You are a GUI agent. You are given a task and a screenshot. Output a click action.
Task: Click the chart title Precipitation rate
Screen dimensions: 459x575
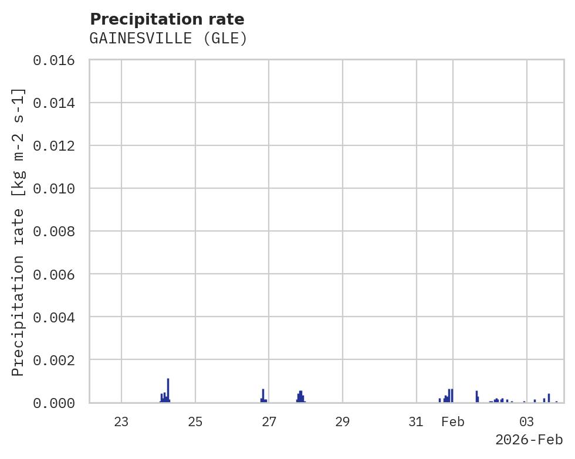click(x=167, y=19)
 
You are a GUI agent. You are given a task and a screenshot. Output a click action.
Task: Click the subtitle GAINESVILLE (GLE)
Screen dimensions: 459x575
click(x=168, y=39)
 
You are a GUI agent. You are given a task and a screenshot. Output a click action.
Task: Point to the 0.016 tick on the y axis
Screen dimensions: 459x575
click(x=58, y=60)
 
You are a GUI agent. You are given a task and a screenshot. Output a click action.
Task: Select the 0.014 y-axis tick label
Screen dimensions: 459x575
click(x=58, y=103)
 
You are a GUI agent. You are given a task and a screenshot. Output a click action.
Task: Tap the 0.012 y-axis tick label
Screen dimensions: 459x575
click(x=58, y=146)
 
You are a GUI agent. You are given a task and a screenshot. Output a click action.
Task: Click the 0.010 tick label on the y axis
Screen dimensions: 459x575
click(x=58, y=189)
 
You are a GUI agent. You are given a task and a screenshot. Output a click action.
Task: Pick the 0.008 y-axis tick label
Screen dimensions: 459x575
click(x=58, y=232)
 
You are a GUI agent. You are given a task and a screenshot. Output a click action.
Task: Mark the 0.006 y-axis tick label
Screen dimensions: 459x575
click(x=58, y=274)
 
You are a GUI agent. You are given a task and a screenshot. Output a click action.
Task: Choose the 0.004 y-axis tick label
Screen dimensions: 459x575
click(x=58, y=317)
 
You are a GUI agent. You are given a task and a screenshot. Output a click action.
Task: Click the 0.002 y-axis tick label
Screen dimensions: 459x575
click(x=58, y=360)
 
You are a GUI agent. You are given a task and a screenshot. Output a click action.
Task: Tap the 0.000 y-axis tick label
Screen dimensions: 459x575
click(x=58, y=403)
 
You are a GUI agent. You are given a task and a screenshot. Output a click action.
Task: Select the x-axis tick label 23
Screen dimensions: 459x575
click(x=121, y=421)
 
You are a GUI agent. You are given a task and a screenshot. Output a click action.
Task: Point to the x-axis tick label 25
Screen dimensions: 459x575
click(x=195, y=421)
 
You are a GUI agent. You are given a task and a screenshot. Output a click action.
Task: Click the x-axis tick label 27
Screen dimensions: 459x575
click(x=269, y=421)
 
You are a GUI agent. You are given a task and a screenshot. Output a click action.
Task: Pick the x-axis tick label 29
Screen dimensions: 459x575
click(x=343, y=421)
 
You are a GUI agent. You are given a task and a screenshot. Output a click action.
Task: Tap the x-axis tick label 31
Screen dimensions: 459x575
click(x=416, y=421)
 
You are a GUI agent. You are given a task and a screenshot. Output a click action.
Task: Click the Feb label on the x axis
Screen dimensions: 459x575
click(x=453, y=421)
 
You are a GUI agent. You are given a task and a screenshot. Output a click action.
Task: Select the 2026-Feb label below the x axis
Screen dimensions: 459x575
click(x=529, y=440)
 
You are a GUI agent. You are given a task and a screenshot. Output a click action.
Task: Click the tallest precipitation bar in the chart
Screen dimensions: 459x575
click(x=168, y=390)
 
